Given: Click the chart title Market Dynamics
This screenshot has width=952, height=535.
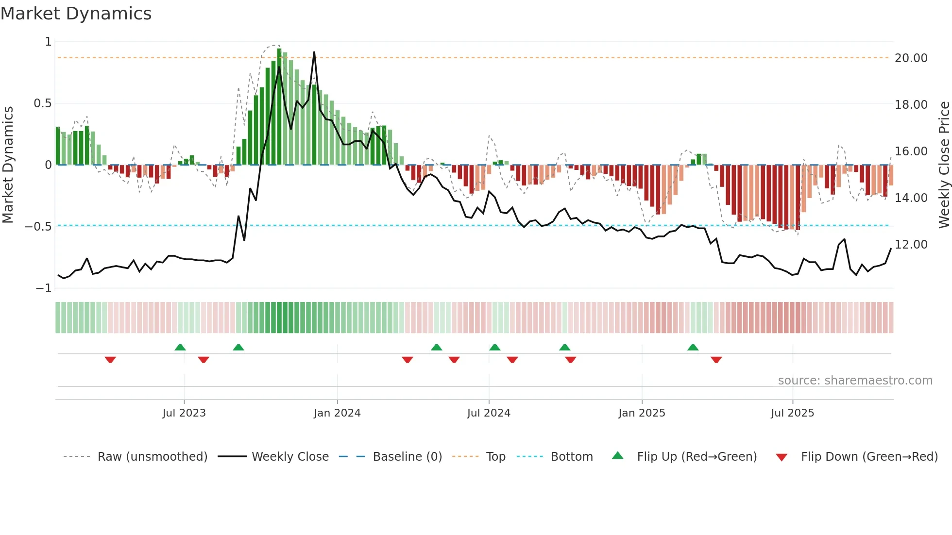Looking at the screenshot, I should click(x=76, y=14).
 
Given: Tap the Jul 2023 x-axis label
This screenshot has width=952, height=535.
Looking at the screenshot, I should click(x=184, y=413).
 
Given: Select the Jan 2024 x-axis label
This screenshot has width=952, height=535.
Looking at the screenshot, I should click(x=337, y=413).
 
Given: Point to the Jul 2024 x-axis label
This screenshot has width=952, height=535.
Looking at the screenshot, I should click(x=489, y=413).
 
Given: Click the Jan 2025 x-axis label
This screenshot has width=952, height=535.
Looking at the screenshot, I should click(x=642, y=413).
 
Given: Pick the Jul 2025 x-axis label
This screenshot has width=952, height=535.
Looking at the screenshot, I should click(x=792, y=413).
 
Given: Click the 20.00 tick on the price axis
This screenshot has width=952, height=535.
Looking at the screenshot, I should click(x=911, y=58).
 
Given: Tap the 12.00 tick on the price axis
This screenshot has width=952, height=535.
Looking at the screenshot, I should click(x=911, y=245).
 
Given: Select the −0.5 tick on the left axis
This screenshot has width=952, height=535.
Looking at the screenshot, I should click(x=38, y=227).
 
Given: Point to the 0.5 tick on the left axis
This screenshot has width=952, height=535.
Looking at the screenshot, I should click(x=42, y=103).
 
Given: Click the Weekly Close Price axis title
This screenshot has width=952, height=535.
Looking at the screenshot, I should click(x=944, y=165).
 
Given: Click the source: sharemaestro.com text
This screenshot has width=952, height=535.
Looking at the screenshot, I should click(x=855, y=381).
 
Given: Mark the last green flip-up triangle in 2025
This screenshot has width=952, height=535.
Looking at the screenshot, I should click(x=693, y=348).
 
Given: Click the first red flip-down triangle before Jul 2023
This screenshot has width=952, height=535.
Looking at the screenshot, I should click(x=110, y=360).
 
